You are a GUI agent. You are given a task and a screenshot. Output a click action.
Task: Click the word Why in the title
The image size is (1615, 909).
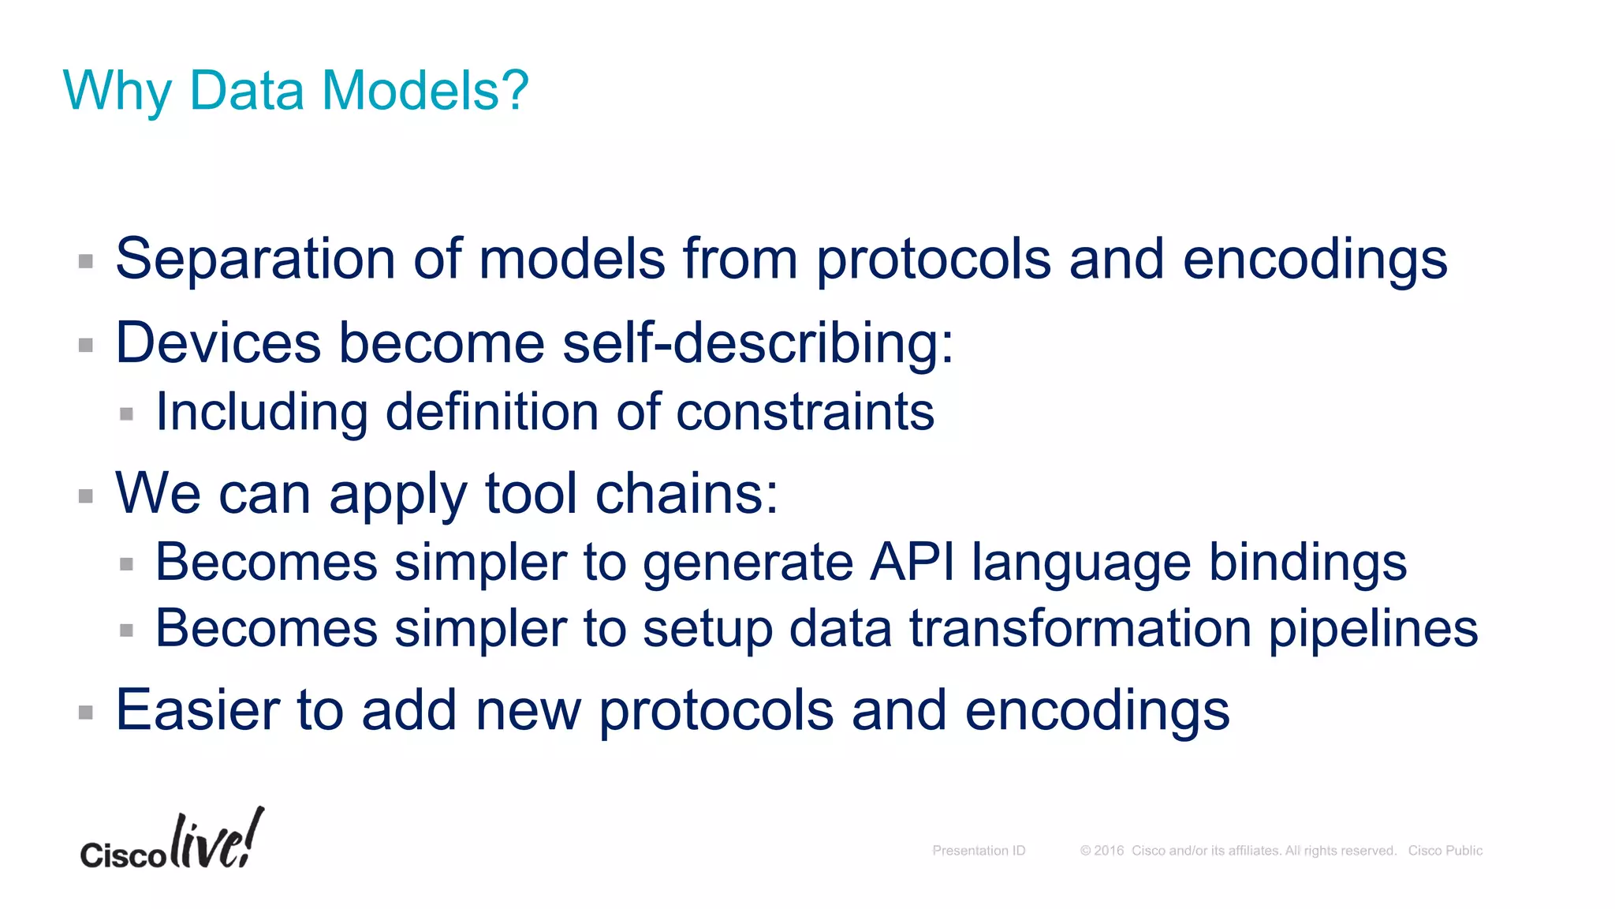[117, 92]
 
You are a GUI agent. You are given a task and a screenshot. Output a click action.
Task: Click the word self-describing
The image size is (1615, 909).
[758, 343]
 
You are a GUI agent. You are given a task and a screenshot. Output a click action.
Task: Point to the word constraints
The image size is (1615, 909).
[805, 412]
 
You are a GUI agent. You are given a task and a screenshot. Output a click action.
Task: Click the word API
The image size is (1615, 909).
[912, 563]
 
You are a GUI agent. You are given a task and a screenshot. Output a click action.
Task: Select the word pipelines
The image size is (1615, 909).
[1373, 629]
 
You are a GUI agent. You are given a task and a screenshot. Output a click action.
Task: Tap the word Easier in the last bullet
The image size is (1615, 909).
[197, 710]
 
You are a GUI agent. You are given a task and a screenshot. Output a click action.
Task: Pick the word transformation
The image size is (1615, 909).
[1080, 629]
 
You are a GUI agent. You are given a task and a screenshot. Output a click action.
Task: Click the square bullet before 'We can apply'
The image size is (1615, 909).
[86, 496]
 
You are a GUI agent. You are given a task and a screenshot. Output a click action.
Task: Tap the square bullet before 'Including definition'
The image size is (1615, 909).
[126, 413]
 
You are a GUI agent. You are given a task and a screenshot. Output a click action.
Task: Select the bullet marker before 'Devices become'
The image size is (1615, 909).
[86, 345]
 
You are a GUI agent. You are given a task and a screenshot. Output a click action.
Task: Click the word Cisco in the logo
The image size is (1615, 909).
[122, 855]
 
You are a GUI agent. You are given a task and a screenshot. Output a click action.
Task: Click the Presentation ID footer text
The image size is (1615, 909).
[979, 851]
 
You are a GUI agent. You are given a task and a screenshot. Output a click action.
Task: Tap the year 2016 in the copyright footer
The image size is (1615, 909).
[1109, 851]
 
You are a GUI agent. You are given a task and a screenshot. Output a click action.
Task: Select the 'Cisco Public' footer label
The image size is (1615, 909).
[1445, 851]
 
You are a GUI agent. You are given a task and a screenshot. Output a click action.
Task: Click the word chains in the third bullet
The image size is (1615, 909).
[686, 494]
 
